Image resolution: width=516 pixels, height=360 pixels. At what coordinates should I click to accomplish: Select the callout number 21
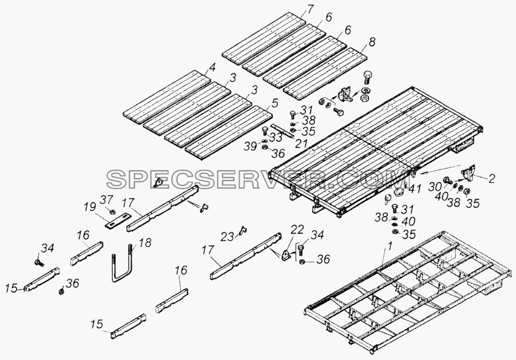tap(301, 143)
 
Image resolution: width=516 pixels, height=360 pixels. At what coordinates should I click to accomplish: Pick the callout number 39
tap(251, 146)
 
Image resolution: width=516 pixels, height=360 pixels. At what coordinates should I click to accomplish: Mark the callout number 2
tap(491, 178)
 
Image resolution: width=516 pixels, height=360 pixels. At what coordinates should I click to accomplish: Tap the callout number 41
tap(414, 189)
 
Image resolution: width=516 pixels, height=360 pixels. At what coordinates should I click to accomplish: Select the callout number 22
tap(297, 230)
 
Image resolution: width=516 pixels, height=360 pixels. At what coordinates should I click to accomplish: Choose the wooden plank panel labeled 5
tap(228, 133)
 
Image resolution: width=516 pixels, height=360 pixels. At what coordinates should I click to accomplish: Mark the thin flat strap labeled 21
tap(282, 131)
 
